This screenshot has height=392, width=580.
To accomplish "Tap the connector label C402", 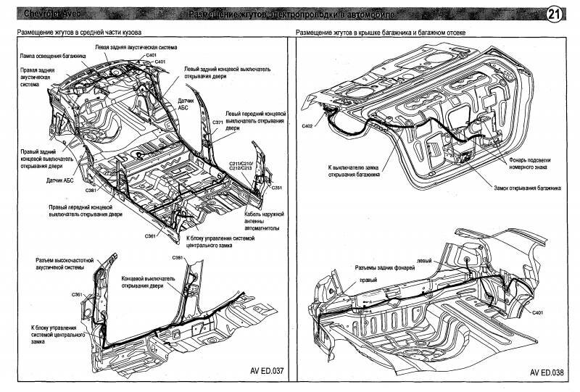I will tap(307, 125).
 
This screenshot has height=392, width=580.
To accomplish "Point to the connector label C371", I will tap(217, 122).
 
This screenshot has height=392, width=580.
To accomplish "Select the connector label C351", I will tap(276, 187).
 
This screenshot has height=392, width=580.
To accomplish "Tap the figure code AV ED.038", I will tap(546, 373).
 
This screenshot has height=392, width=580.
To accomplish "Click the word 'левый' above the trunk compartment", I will tap(426, 260).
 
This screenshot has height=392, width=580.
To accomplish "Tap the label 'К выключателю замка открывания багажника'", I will tap(353, 171).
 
